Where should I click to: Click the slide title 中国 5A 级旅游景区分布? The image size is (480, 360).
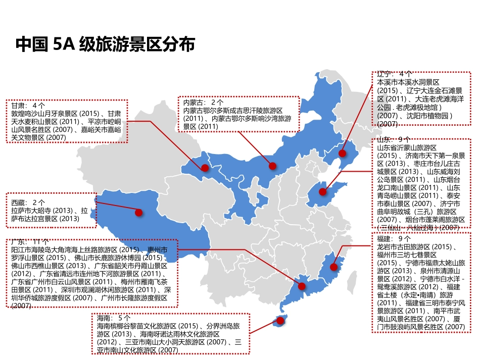105,45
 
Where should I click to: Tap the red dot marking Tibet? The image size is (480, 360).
138,213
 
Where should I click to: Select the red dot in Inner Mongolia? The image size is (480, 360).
272,166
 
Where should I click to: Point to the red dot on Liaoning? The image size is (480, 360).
342,153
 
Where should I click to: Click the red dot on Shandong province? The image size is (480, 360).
323,191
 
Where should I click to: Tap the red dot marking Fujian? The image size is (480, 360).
333,267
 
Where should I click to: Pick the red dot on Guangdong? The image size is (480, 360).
302,286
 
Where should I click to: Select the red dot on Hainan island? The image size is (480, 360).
277,320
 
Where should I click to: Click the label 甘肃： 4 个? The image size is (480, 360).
28,106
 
